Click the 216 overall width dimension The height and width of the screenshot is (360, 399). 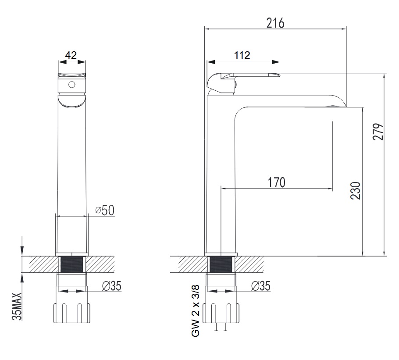tap(275, 23)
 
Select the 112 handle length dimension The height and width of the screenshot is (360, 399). tap(242, 55)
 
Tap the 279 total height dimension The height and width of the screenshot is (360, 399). tap(378, 132)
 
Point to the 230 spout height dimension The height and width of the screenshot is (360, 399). tap(356, 191)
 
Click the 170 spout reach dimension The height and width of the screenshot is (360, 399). tap(277, 182)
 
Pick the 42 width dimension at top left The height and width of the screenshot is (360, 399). tap(71, 55)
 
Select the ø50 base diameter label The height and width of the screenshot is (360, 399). tap(105, 210)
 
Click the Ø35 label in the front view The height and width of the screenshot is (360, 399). tap(112, 286)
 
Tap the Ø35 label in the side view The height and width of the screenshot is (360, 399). tap(260, 286)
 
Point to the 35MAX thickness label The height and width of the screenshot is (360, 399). tap(17, 307)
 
